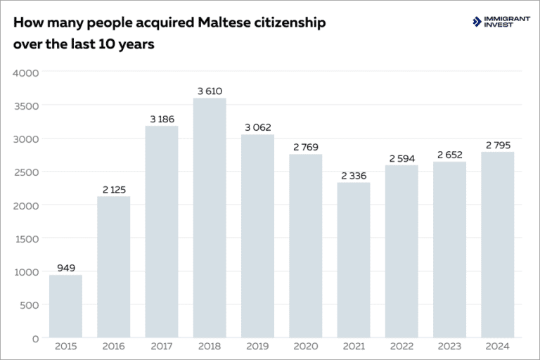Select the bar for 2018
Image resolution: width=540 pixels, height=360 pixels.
(210, 218)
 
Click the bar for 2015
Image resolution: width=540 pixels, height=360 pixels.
(65, 306)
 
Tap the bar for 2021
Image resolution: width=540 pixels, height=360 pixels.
(354, 260)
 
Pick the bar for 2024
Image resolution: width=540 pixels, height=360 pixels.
(497, 245)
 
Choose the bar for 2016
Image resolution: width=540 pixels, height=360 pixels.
(113, 267)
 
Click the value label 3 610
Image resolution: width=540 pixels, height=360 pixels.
(210, 91)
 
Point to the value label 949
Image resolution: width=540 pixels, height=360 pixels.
(65, 268)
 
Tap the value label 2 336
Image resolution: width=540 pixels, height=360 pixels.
(354, 176)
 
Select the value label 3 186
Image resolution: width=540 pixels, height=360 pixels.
(162, 120)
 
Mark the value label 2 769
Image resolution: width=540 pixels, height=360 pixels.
(306, 147)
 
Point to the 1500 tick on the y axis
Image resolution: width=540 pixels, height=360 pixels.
(27, 238)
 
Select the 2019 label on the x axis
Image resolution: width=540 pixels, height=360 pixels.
(257, 346)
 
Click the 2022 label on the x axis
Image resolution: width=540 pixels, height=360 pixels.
(401, 346)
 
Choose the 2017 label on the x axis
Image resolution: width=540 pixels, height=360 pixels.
(162, 346)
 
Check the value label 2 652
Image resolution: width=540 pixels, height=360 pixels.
(449, 155)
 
